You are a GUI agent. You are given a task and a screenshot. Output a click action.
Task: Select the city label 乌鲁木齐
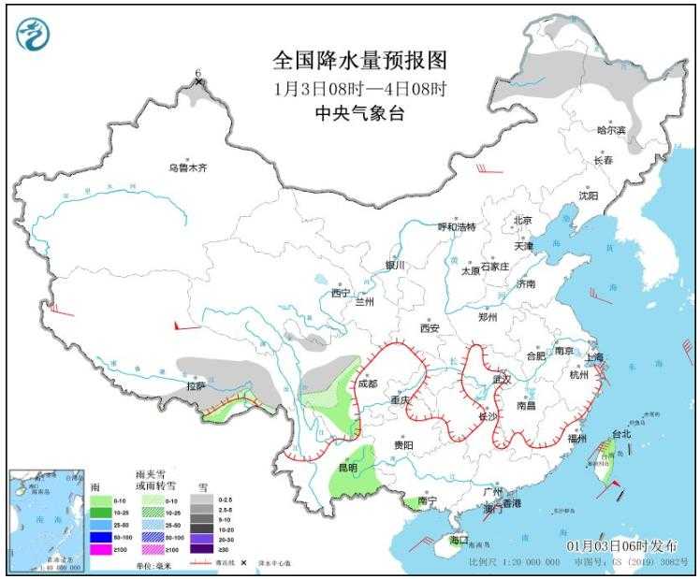pyautogui.click(x=186, y=168)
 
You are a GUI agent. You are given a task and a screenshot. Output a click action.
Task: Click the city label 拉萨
pyautogui.click(x=195, y=385)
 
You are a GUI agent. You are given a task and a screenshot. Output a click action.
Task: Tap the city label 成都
pyautogui.click(x=367, y=384)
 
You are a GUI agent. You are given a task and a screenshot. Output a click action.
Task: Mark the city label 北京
pyautogui.click(x=521, y=221)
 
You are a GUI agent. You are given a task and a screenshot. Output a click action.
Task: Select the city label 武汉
pyautogui.click(x=503, y=380)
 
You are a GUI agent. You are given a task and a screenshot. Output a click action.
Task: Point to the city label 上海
pyautogui.click(x=593, y=357)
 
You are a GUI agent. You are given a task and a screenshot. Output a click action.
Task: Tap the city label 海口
pyautogui.click(x=458, y=541)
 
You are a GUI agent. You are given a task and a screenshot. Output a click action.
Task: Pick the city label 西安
pyautogui.click(x=430, y=328)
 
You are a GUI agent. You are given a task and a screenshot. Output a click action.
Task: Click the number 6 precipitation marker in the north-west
pyautogui.click(x=198, y=73)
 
